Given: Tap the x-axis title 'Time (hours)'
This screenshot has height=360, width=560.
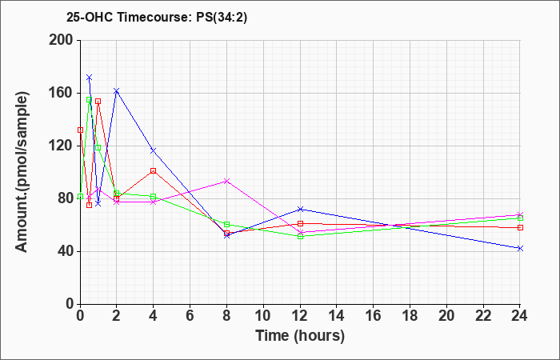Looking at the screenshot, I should tap(300, 336).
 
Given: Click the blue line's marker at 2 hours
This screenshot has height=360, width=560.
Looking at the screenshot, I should tap(117, 91).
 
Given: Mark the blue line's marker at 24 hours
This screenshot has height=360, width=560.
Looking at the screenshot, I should tap(520, 248).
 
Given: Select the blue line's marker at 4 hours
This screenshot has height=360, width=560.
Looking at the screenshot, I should tap(153, 150).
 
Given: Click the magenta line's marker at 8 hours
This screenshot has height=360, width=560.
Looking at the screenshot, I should tap(226, 181).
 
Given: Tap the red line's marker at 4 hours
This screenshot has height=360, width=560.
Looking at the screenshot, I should tap(153, 170).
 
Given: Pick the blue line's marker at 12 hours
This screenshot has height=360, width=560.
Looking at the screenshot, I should tap(300, 209).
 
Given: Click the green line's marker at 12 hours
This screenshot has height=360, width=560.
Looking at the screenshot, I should tap(300, 236).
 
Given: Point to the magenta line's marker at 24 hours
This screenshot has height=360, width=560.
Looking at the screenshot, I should tap(520, 214).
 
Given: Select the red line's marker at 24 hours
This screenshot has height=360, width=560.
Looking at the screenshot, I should tap(520, 227).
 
